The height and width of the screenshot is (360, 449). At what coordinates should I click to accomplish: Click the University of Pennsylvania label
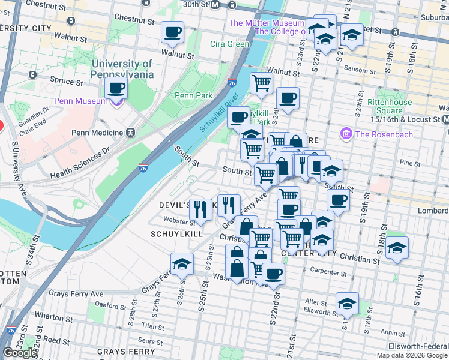click(x=122, y=69)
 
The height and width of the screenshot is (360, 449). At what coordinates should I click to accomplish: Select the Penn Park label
click(x=190, y=95)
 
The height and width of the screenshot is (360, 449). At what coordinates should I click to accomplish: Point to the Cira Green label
click(x=229, y=44)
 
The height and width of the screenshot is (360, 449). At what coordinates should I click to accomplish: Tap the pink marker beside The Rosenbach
click(x=346, y=134)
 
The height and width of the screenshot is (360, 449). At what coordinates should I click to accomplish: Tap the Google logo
click(x=20, y=353)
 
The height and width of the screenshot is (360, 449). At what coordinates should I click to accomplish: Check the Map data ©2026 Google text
click(x=411, y=355)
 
